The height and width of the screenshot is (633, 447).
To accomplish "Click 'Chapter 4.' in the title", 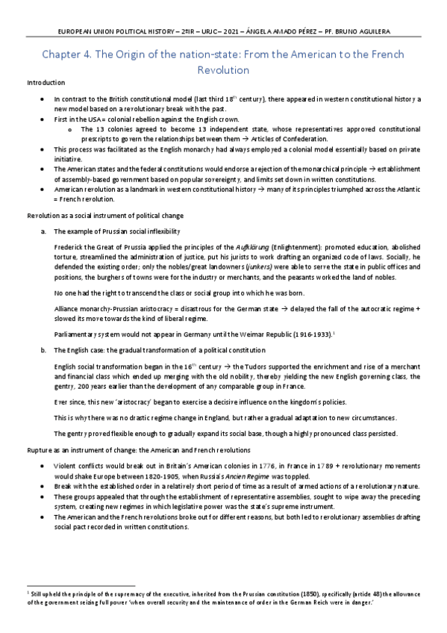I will (x=66, y=54).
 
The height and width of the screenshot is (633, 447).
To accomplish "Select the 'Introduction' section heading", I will (x=44, y=82).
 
